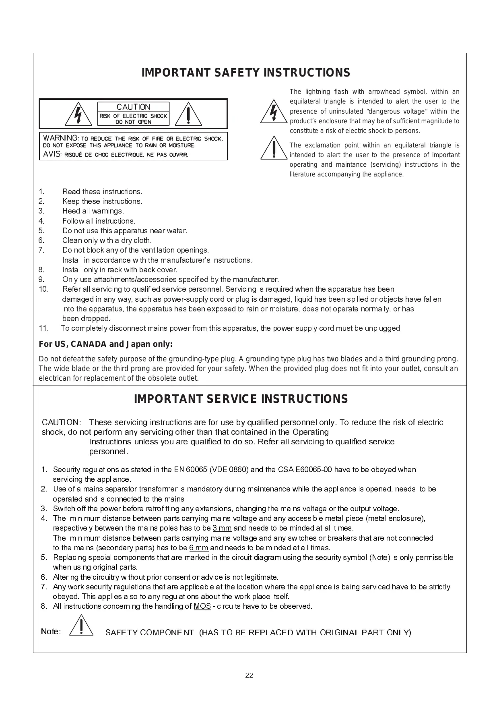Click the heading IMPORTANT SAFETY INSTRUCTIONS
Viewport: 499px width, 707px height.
(246, 73)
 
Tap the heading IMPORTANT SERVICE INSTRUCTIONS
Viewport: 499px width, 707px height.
(241, 399)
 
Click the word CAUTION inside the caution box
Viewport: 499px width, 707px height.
(133, 107)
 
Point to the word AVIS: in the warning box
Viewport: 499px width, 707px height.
(52, 155)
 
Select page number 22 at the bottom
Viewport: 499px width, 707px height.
(249, 676)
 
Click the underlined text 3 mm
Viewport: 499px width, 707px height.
(222, 528)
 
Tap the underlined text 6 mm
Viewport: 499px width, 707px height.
(199, 548)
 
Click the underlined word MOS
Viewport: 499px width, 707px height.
(202, 606)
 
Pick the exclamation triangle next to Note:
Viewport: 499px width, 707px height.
(81, 626)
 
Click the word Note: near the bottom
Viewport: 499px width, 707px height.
(51, 631)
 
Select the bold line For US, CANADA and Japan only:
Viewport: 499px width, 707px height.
(105, 344)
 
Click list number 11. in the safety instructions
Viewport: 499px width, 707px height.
(44, 328)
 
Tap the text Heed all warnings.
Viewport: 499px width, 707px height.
(93, 211)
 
